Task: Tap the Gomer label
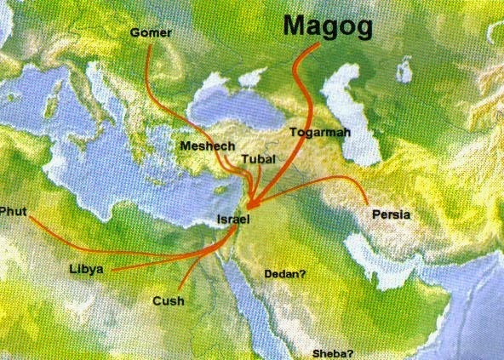(x=151, y=33)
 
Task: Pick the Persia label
(x=391, y=214)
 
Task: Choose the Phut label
(x=13, y=210)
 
